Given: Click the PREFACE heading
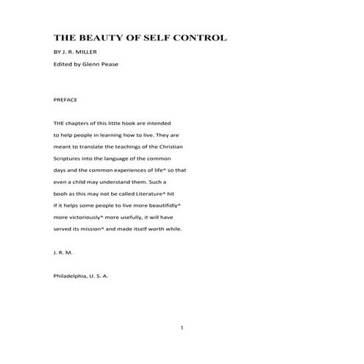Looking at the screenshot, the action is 66,99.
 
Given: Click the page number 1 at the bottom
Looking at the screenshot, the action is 182,327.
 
